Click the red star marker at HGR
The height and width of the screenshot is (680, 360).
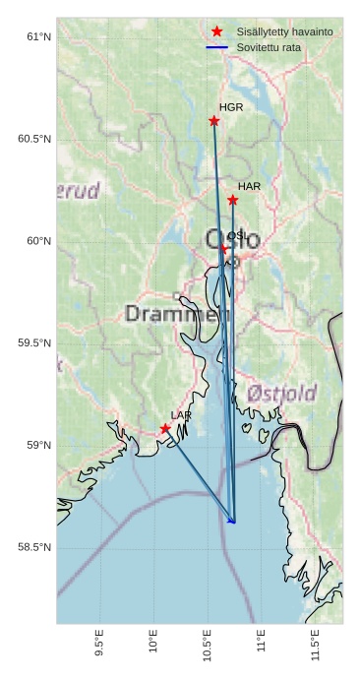pyautogui.click(x=213, y=121)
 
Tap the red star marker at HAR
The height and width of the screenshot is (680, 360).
pyautogui.click(x=233, y=200)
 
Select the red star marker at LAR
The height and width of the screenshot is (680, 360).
pyautogui.click(x=165, y=428)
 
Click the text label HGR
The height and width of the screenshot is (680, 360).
pyautogui.click(x=231, y=107)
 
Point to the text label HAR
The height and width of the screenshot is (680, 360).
pyautogui.click(x=249, y=186)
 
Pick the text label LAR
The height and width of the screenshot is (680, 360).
pyautogui.click(x=181, y=415)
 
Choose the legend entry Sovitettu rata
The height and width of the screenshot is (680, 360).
pyautogui.click(x=267, y=47)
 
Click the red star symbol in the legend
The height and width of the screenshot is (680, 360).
pyautogui.click(x=217, y=31)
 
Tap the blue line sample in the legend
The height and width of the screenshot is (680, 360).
pyautogui.click(x=217, y=47)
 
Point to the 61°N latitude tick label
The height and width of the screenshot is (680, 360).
pyautogui.click(x=38, y=36)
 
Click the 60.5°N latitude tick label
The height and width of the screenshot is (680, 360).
pyautogui.click(x=34, y=139)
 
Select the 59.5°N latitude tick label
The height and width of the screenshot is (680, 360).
pyautogui.click(x=34, y=342)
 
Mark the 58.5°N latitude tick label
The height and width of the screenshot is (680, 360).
pyautogui.click(x=34, y=547)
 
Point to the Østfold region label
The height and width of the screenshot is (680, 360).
pyautogui.click(x=281, y=394)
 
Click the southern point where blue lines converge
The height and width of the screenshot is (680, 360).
pyautogui.click(x=233, y=522)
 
